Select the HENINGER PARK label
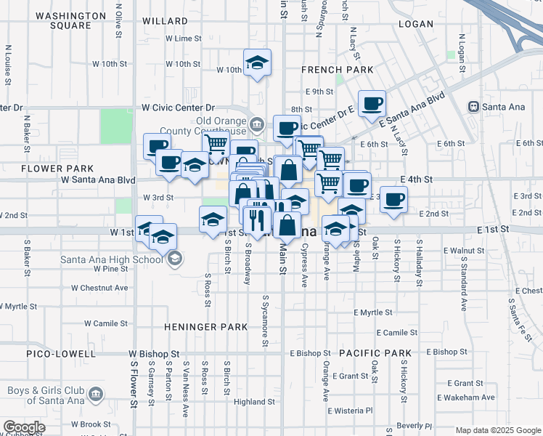206,327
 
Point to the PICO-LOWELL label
60,354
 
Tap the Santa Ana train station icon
474,107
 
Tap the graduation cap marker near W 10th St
257,62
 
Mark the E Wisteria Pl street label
352,411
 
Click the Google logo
24,427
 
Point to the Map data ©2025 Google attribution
497,430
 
